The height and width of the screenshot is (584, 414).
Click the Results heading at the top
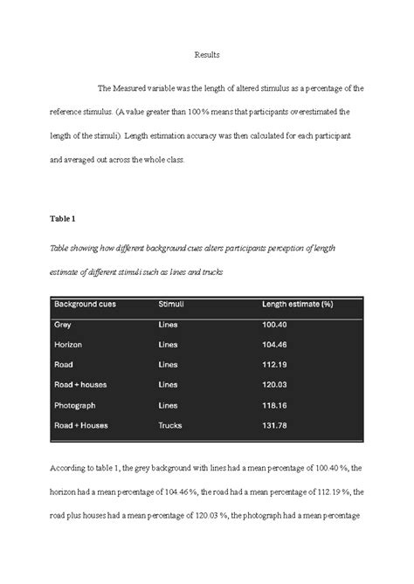click(x=207, y=55)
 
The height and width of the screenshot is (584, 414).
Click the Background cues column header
click(x=86, y=305)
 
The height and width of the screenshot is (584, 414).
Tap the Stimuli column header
click(x=170, y=305)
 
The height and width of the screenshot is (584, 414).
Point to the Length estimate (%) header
click(x=298, y=305)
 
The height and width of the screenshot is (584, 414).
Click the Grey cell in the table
click(x=63, y=325)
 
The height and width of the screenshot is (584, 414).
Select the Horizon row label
click(x=68, y=345)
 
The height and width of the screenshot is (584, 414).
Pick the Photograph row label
click(x=75, y=405)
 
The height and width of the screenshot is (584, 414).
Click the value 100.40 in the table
click(x=274, y=325)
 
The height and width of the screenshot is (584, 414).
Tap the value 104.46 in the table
click(x=274, y=345)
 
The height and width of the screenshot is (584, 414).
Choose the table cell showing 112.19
click(x=274, y=365)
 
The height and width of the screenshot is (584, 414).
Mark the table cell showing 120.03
click(x=274, y=385)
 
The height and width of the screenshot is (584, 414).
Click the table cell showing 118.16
click(x=274, y=405)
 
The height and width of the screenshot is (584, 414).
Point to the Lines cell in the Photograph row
click(x=168, y=405)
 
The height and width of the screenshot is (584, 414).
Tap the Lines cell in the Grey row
click(x=168, y=325)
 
